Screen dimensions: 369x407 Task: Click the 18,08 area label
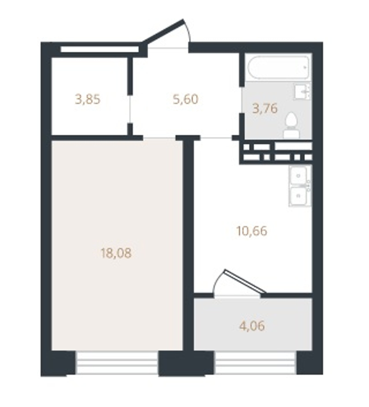click(116, 253)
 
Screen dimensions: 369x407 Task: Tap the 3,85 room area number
click(88, 100)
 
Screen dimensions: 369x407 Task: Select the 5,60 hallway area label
click(185, 99)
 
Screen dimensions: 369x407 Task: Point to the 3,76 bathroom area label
click(265, 108)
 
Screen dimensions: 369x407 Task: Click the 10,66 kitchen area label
click(252, 231)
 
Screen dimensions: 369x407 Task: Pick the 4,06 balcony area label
click(252, 326)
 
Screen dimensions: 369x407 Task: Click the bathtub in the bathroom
click(279, 67)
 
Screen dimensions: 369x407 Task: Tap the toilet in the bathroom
click(292, 125)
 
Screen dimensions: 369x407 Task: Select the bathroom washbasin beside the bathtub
click(303, 91)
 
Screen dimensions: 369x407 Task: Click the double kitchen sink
click(300, 186)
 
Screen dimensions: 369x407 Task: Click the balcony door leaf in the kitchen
click(245, 281)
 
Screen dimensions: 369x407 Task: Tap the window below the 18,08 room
click(117, 363)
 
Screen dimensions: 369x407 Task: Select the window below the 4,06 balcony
click(256, 363)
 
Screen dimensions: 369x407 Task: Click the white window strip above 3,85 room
click(100, 49)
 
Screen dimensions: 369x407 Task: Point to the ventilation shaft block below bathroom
click(276, 153)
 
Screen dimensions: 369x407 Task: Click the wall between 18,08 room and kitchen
click(188, 244)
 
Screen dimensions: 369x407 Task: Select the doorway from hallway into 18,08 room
click(159, 137)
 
